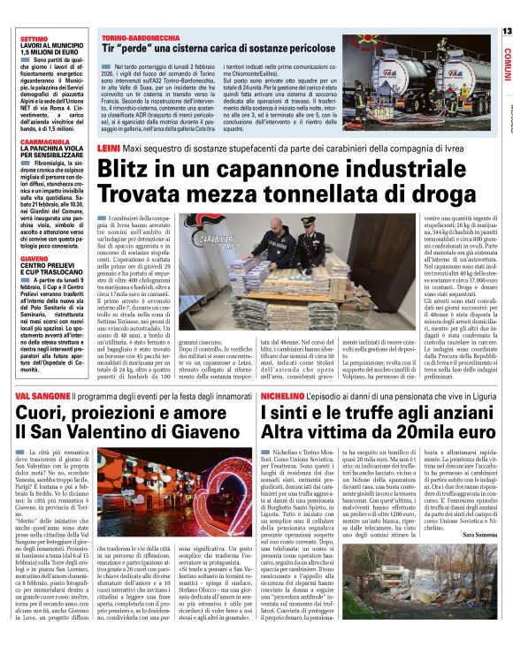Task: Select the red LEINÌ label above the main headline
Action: click(110, 150)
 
